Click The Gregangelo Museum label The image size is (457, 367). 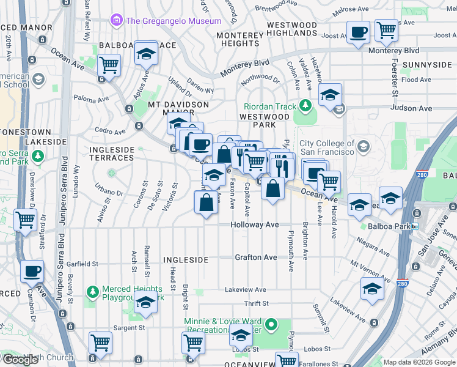173,21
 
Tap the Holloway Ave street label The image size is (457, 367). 255,225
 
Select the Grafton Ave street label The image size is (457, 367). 256,258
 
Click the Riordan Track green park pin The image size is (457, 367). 304,107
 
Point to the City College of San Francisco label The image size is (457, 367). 326,147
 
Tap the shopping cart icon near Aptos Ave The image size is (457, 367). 108,65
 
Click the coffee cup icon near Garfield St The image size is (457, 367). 32,271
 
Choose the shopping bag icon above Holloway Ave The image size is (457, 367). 207,201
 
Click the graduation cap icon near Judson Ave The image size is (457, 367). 330,95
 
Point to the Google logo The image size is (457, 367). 21,360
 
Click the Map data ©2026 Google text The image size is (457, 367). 419,362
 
